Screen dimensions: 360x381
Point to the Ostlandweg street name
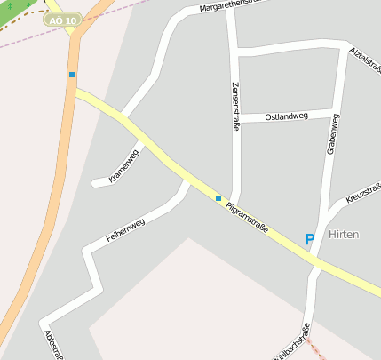286,116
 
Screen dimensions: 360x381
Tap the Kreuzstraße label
363,193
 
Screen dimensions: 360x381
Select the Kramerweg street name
124,166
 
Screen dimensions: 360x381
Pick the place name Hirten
343,234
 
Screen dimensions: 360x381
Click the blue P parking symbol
309,239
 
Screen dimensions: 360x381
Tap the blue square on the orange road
72,75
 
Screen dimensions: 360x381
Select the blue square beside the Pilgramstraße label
218,197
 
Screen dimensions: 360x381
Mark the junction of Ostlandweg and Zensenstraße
235,118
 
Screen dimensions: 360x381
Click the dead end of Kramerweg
94,184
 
